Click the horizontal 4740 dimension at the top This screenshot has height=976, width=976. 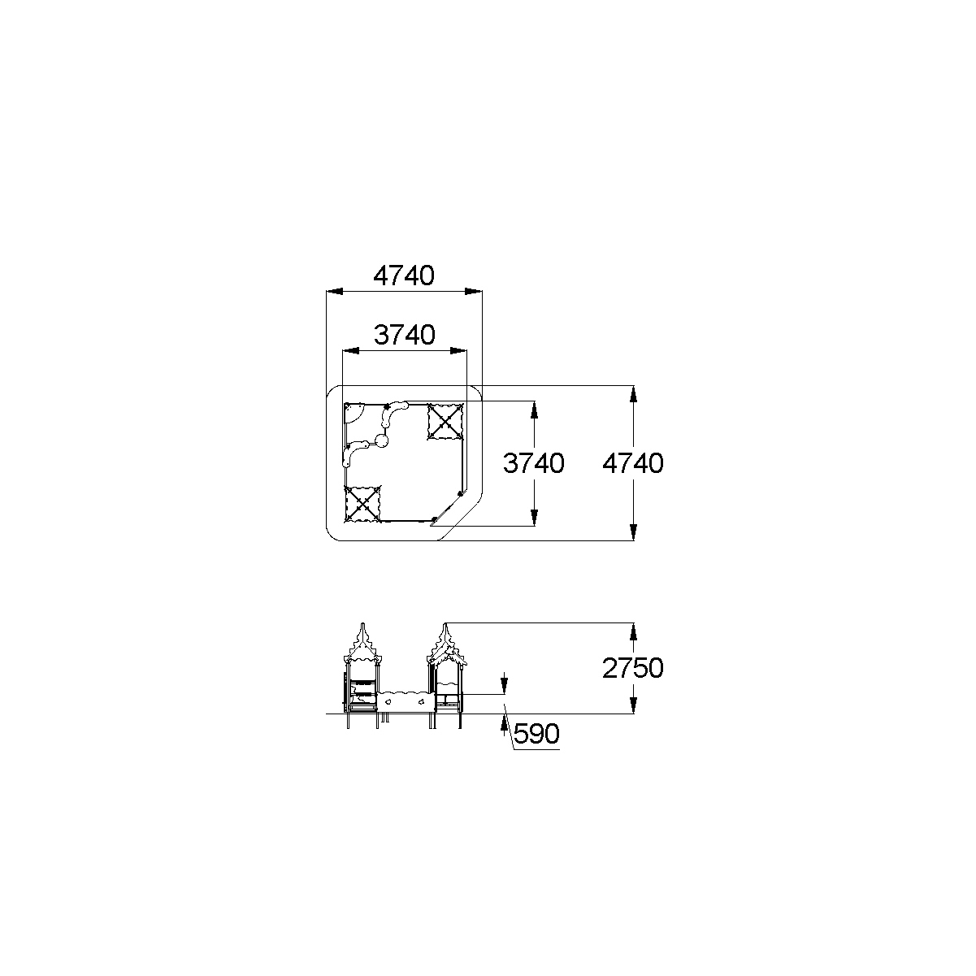point(404,276)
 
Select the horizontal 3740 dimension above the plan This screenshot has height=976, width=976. point(404,335)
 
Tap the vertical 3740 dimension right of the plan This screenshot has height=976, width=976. point(533,463)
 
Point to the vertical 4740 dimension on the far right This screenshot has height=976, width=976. point(632,463)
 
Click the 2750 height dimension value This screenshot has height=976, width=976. point(632,668)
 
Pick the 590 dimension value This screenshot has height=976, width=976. point(536,733)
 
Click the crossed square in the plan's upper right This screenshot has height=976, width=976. point(445,422)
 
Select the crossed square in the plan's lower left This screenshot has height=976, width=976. point(362,504)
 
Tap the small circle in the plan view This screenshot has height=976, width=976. point(381,441)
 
